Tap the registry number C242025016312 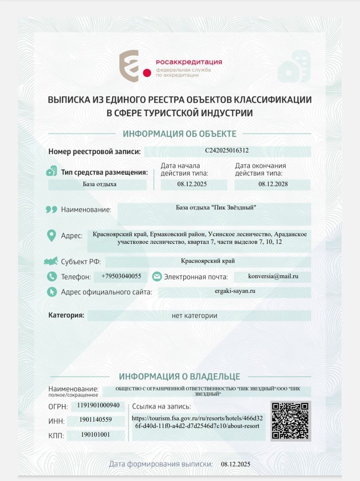pyautogui.click(x=227, y=151)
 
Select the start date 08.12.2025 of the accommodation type pyautogui.click(x=192, y=184)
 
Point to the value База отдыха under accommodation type pyautogui.click(x=99, y=184)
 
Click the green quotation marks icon pyautogui.click(x=51, y=209)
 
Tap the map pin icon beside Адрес pyautogui.click(x=51, y=236)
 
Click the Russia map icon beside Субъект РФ pyautogui.click(x=51, y=261)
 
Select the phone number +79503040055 pyautogui.click(x=121, y=276)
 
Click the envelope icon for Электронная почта pyautogui.click(x=157, y=277)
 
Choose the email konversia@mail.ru pyautogui.click(x=273, y=276)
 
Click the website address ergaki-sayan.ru pyautogui.click(x=235, y=291)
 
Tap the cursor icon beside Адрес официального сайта pyautogui.click(x=52, y=292)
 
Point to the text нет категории pyautogui.click(x=194, y=316)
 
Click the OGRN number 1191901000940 pyautogui.click(x=98, y=405)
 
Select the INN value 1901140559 pyautogui.click(x=96, y=420)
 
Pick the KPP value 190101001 pyautogui.click(x=95, y=435)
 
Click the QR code pyautogui.click(x=290, y=420)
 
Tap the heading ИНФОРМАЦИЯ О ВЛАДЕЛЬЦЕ pyautogui.click(x=179, y=377)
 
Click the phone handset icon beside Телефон pyautogui.click(x=52, y=277)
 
